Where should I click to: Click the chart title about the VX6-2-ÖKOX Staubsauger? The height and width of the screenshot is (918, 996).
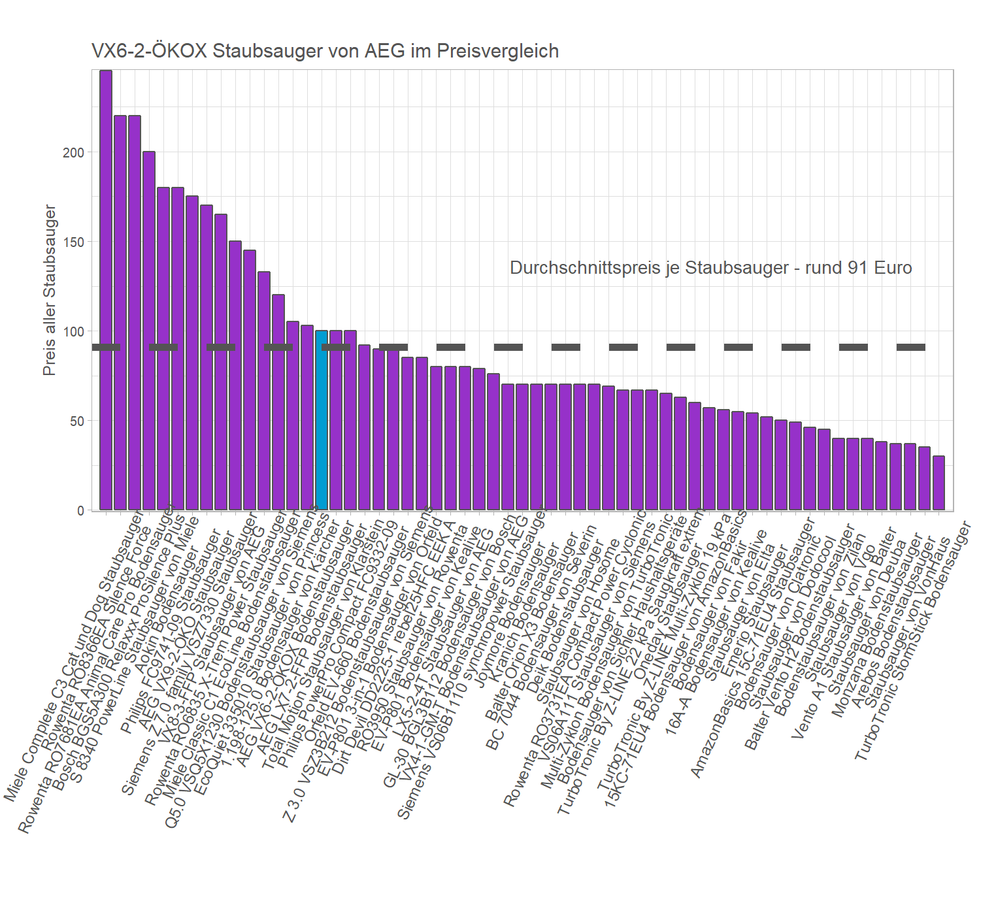pyautogui.click(x=325, y=51)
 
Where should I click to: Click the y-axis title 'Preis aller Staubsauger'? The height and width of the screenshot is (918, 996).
pyautogui.click(x=49, y=289)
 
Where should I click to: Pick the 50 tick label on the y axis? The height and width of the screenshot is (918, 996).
pyautogui.click(x=76, y=421)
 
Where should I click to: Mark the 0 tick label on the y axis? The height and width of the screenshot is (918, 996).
pyautogui.click(x=80, y=510)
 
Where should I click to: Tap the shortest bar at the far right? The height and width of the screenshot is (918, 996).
pyautogui.click(x=938, y=483)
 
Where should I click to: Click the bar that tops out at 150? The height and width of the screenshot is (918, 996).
pyautogui.click(x=235, y=375)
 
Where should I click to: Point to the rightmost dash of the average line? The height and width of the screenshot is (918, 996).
pyautogui.click(x=910, y=347)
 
